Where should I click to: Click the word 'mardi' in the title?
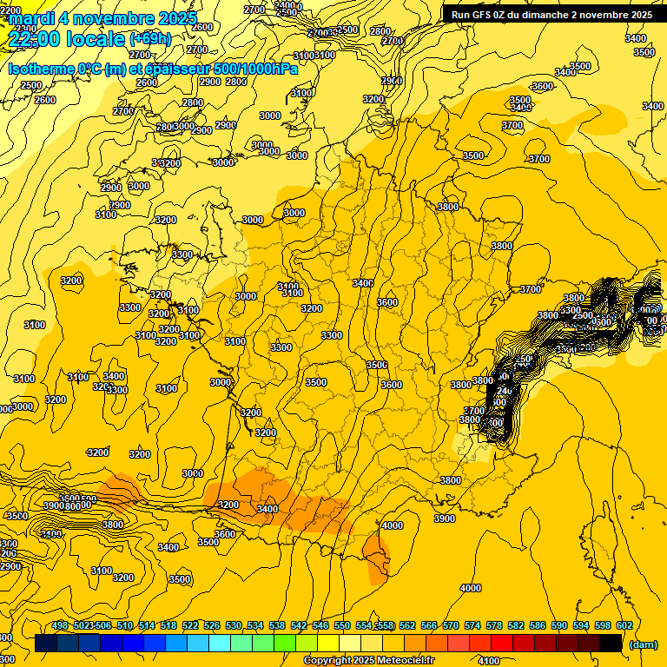32,18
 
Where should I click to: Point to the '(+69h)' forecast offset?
150,39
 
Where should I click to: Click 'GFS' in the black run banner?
483,15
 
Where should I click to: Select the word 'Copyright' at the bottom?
328,660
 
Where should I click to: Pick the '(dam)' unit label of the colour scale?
643,644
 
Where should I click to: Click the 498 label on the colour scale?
60,625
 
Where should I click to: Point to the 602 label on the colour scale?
624,625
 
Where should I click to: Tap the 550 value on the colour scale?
342,625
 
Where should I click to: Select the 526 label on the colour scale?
212,625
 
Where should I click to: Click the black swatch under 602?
611,644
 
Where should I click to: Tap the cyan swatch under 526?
220,644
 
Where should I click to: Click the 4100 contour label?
488,660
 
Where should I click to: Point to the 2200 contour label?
10,10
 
